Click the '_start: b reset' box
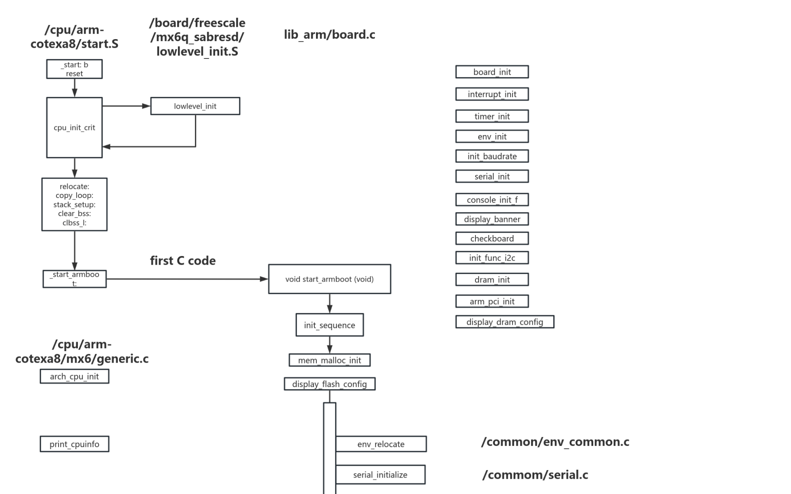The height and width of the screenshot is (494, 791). coord(74,69)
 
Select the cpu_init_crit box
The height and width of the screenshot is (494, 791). coord(74,128)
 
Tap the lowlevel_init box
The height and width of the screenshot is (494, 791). coord(195,106)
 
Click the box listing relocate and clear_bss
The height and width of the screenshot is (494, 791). coord(74,204)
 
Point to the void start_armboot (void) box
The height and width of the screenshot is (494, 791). coord(329,279)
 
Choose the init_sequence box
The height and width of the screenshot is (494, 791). coord(329,325)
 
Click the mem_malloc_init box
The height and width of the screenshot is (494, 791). coord(329,360)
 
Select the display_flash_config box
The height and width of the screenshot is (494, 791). coord(329,384)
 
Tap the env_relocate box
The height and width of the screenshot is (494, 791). coord(381,444)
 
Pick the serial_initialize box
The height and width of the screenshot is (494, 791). coord(380,475)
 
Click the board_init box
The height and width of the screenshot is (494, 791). coord(492,72)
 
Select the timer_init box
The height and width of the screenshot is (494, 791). coord(492,117)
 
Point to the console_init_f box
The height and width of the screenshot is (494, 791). coord(492,200)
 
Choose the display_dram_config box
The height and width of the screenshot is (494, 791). coord(504,322)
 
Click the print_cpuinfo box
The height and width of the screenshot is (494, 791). coord(74,444)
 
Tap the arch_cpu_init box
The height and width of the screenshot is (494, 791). coord(74,376)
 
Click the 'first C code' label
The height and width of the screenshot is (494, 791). coord(183,261)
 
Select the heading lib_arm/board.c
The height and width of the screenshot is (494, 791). coord(329,35)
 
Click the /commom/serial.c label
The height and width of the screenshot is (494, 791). coord(535,475)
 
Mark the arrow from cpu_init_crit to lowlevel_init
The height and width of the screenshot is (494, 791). coord(126,106)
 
